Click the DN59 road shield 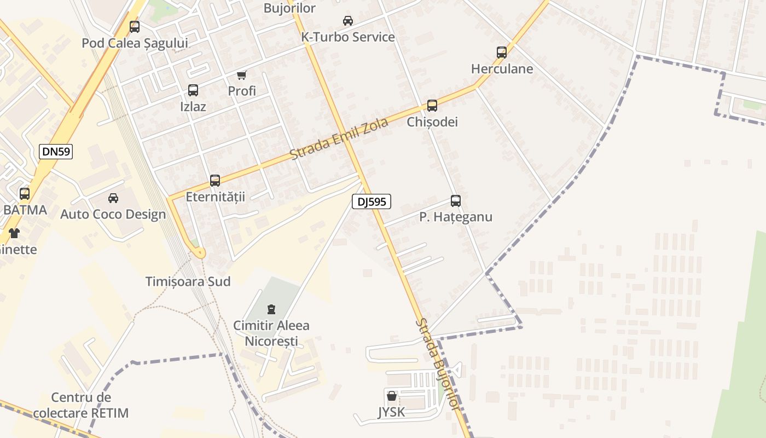pos(56,152)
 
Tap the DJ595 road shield pos(372,201)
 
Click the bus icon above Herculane pos(502,53)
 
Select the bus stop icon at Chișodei pos(432,106)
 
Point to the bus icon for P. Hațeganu pos(456,201)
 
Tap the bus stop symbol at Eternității pos(215,181)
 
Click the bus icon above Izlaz pos(193,90)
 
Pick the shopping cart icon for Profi pos(242,75)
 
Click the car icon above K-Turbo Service pos(347,21)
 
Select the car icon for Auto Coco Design pos(113,198)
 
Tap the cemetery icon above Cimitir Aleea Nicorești pos(271,310)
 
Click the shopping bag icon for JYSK pos(392,396)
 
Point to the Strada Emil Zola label pos(339,139)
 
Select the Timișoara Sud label pos(188,281)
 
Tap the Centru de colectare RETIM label pos(81,405)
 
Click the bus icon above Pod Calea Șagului pos(135,27)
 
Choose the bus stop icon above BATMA pos(25,193)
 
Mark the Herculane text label pos(502,69)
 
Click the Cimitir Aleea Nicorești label pos(271,333)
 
